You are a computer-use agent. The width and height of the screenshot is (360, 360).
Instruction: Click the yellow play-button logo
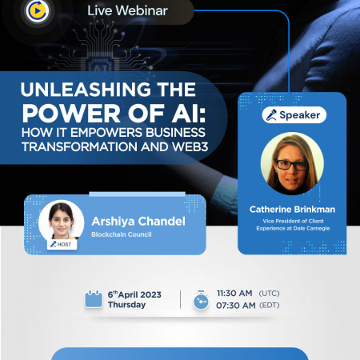38,10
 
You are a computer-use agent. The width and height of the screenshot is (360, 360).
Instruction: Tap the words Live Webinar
127,10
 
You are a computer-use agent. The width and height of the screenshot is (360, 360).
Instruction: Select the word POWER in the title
71,114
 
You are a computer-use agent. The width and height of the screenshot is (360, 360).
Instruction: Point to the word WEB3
190,146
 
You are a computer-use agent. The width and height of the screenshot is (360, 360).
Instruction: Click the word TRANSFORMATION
80,146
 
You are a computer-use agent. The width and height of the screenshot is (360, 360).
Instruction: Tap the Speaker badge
294,115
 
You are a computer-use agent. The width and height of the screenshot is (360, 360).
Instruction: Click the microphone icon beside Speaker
271,115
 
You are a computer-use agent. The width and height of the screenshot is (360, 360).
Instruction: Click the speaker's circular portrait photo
292,163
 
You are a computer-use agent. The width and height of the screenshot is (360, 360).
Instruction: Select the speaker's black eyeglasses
292,165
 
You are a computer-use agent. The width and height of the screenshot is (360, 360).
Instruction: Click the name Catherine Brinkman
292,210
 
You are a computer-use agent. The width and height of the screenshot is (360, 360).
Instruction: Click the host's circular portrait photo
61,222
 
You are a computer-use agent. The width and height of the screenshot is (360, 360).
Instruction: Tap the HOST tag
62,244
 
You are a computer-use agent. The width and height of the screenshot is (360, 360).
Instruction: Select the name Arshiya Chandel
138,222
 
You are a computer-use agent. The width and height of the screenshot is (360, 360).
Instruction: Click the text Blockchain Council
122,234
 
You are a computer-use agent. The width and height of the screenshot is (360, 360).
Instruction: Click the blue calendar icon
94,299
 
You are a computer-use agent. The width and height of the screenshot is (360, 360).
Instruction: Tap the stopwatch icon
201,300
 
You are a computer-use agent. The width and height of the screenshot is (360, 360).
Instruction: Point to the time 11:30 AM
234,294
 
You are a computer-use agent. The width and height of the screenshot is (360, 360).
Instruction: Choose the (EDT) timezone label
270,305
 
